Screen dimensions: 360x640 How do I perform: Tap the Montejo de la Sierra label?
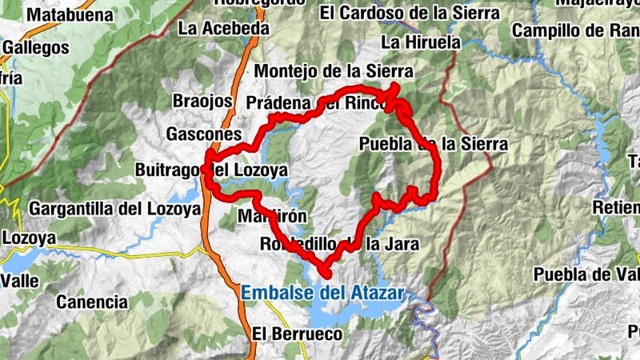pos(333,71)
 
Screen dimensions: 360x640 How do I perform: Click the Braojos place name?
pos(202,102)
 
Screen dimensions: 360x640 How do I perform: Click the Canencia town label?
pos(93,302)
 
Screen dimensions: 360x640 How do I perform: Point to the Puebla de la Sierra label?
pos(434,144)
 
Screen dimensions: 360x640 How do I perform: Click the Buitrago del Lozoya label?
pos(211,171)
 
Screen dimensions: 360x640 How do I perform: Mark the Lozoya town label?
pos(30,238)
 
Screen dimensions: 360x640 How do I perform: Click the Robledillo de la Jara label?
pos(340,244)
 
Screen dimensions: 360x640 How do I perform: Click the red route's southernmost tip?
pos(327,274)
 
